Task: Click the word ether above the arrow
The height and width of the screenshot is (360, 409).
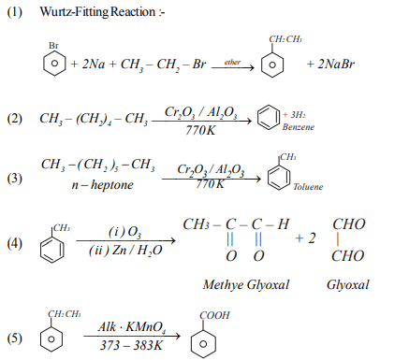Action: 227,61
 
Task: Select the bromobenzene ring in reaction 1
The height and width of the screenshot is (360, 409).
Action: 54,66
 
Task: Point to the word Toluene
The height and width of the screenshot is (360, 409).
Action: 307,186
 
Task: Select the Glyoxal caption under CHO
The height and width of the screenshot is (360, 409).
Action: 349,284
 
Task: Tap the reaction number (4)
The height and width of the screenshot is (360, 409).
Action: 14,244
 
